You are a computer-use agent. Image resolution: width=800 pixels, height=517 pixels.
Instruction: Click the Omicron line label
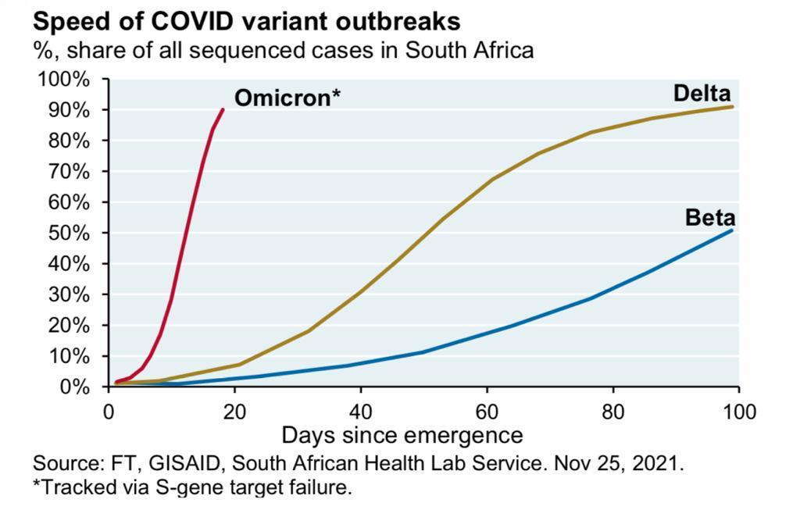coord(287,98)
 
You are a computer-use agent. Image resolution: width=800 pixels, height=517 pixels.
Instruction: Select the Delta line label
coord(703,94)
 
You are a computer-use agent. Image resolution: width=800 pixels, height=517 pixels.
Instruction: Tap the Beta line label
coord(709,218)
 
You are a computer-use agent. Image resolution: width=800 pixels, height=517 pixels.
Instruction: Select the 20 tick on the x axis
coord(234,412)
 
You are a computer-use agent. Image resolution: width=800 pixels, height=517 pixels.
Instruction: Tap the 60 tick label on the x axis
coord(487,412)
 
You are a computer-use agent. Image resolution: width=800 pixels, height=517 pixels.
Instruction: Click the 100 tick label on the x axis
coord(739,412)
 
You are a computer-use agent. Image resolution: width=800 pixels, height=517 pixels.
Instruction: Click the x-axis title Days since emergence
coord(402,435)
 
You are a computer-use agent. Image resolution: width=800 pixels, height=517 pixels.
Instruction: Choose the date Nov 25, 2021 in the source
coord(619,463)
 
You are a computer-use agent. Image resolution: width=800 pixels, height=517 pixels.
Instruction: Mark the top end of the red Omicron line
coord(223,109)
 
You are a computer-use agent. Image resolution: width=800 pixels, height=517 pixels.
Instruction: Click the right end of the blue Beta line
coord(732,230)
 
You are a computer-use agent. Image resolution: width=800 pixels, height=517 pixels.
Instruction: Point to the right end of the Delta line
coord(732,106)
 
